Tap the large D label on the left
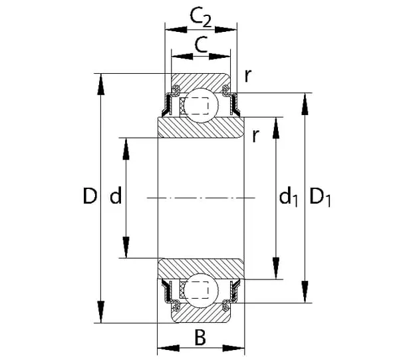point(90,196)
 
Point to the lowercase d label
point(115,196)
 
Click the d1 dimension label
point(288,196)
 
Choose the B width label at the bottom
point(200,338)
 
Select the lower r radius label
point(255,135)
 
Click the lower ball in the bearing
point(200,290)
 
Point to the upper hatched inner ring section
point(200,127)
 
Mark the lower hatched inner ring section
point(200,267)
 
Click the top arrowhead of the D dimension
point(101,80)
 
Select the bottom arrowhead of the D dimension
point(101,315)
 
